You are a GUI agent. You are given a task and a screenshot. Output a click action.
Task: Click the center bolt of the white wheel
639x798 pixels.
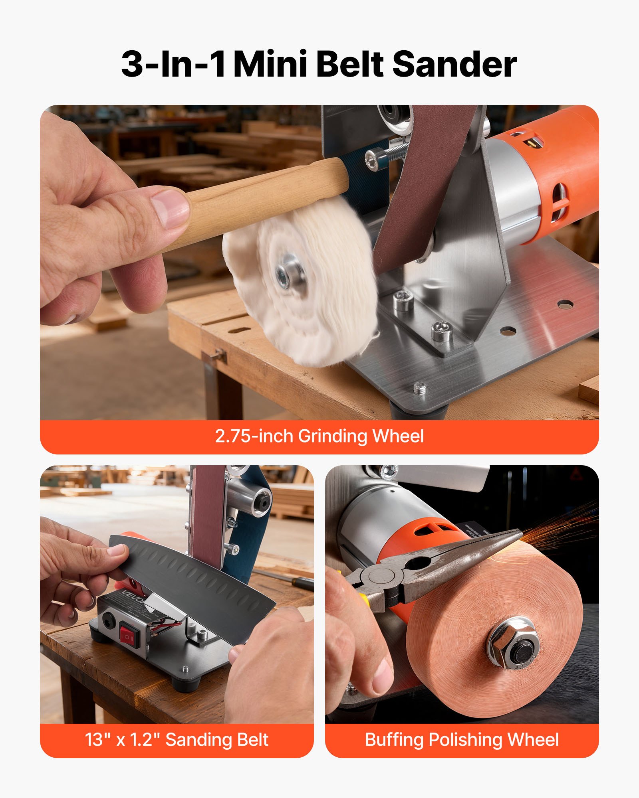[288, 275]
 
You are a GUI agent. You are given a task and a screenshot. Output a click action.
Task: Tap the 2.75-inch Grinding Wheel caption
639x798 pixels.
[319, 436]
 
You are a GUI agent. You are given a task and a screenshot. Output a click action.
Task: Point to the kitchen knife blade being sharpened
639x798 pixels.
[192, 575]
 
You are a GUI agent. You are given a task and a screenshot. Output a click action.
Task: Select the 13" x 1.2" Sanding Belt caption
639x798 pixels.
[177, 739]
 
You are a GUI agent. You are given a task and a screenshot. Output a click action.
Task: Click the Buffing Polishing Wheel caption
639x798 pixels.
[462, 739]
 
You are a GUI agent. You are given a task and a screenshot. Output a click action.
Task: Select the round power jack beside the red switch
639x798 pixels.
[107, 620]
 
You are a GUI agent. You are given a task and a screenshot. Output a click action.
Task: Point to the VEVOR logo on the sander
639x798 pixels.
[131, 598]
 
